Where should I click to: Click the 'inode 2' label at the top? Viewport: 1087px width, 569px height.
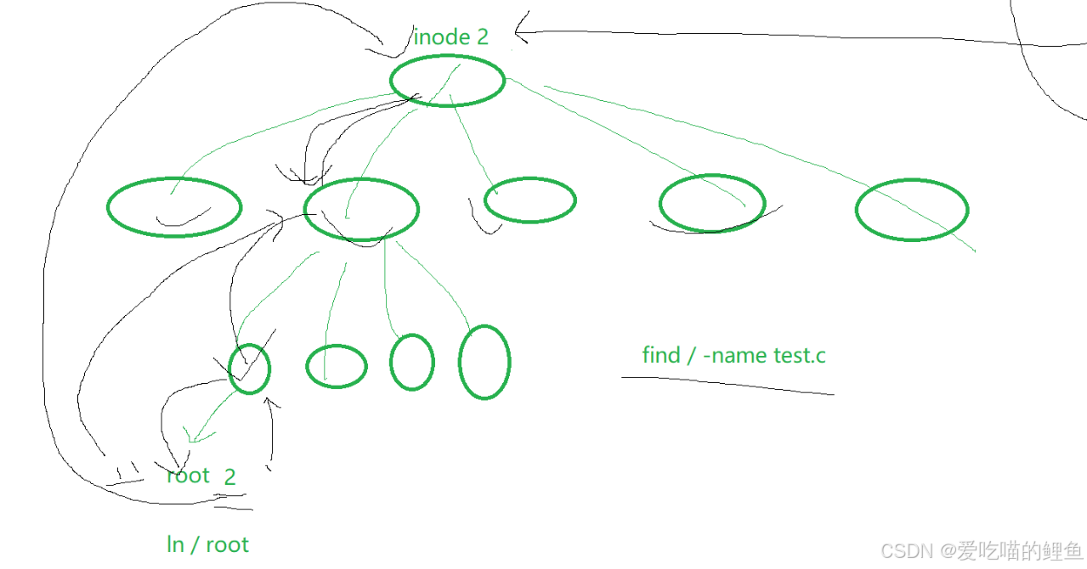pos(450,37)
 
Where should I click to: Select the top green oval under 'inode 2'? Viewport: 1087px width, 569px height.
pos(447,81)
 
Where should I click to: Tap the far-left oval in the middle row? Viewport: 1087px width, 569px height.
pos(174,206)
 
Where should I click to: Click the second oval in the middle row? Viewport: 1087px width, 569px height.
pos(361,209)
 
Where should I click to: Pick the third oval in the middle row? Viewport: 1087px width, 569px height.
pos(530,200)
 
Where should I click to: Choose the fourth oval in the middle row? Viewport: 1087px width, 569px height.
pos(712,203)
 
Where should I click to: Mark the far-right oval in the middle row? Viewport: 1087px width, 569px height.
pos(911,210)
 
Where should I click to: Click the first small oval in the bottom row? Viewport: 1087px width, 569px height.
pos(249,369)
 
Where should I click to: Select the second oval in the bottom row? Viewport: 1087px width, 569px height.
pos(337,366)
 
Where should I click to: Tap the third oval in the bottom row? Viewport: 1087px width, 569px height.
pos(412,362)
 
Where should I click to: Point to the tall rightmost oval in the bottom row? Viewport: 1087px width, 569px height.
pos(484,362)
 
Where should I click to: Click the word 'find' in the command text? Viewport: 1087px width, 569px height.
pos(661,355)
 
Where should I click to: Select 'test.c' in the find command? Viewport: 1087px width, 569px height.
pos(799,355)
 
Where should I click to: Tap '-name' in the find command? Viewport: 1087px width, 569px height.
pos(737,355)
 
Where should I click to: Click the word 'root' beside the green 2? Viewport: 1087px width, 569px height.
pos(188,476)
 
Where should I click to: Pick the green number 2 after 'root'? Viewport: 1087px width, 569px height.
pos(230,477)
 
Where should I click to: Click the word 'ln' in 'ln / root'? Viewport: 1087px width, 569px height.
pos(175,544)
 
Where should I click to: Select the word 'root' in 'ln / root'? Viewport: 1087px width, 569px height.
pos(227,544)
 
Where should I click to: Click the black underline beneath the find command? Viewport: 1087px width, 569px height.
pos(727,385)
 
